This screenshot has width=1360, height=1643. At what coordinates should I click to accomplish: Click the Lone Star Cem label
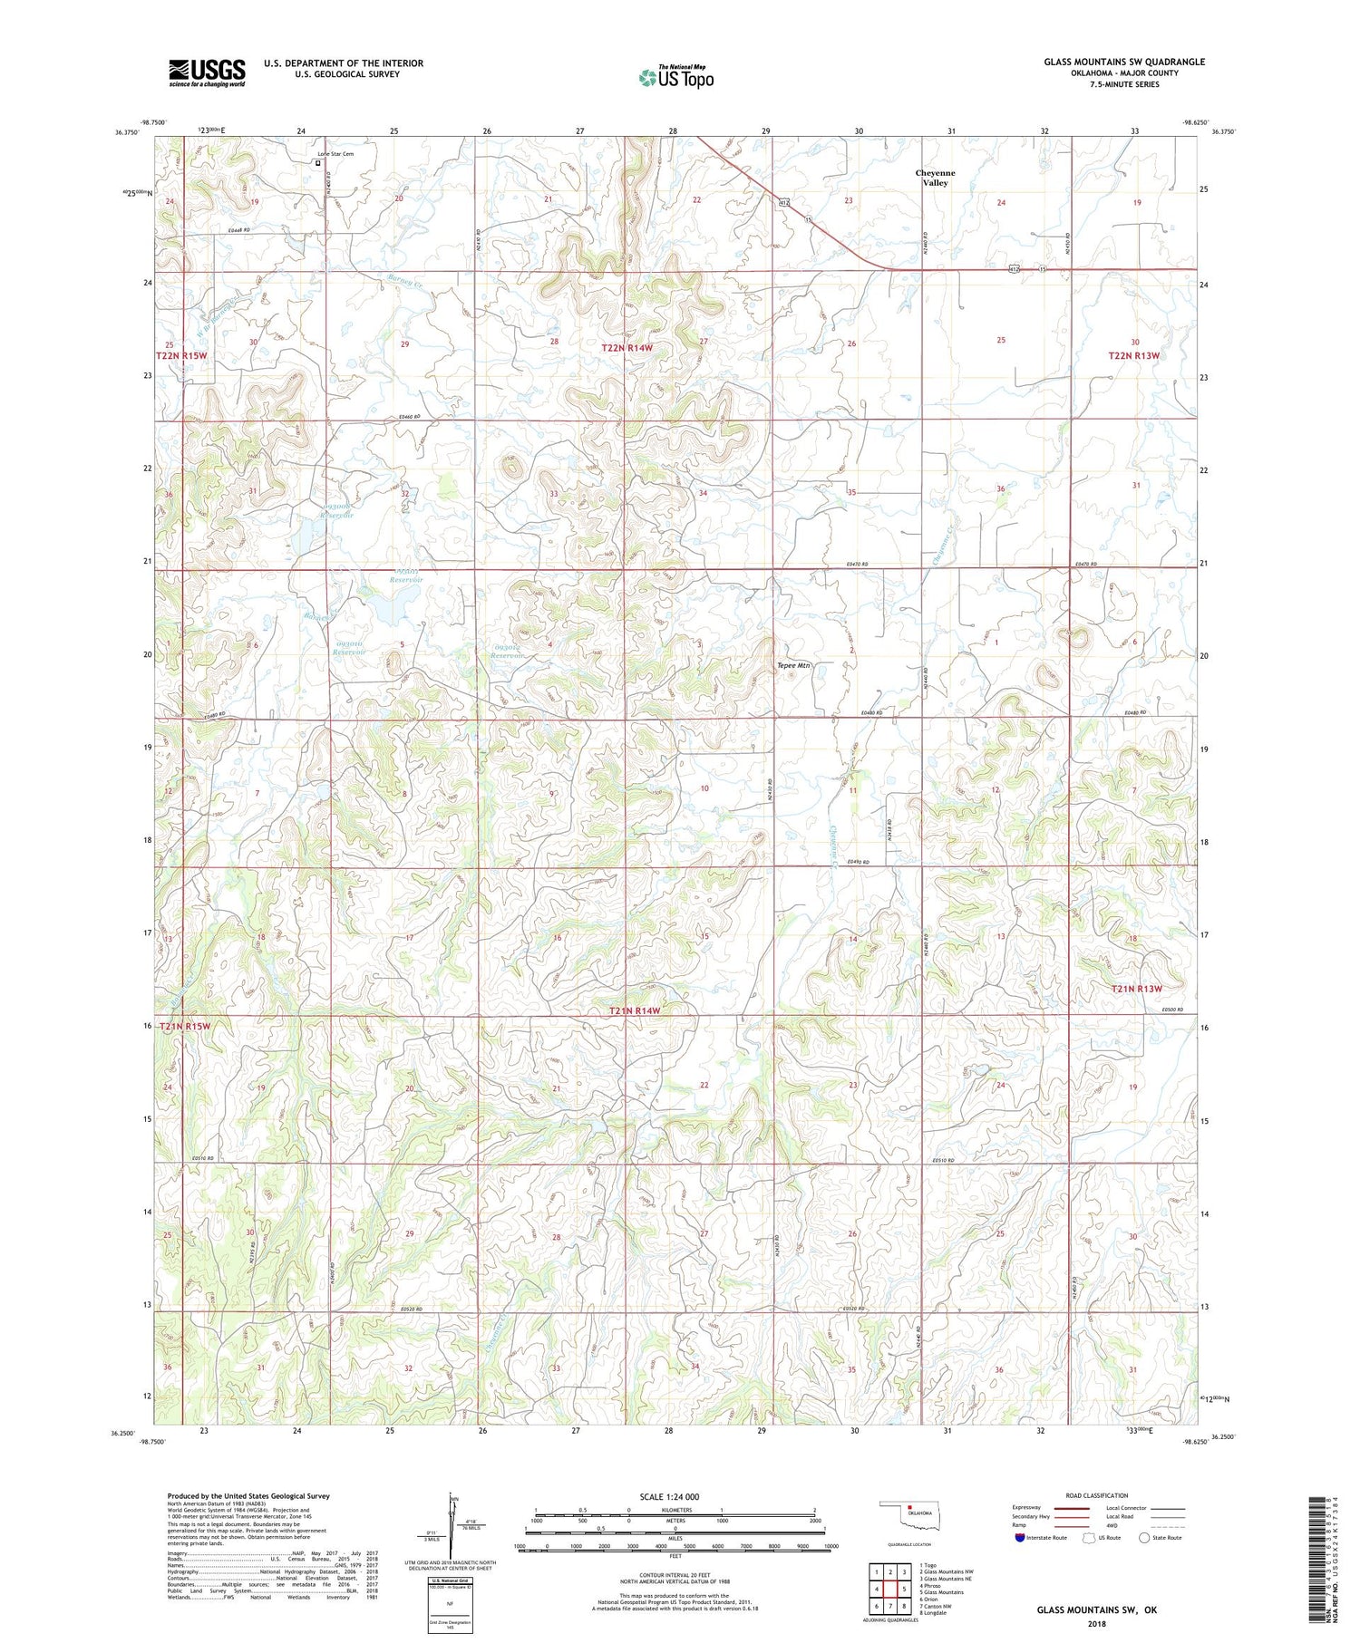point(335,154)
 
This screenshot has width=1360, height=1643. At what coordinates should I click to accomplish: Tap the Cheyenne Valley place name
point(935,178)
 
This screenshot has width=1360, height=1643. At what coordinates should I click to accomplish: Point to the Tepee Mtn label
point(793,665)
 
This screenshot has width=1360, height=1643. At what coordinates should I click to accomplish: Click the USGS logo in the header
point(207,72)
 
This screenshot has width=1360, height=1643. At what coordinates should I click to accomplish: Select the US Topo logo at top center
point(675,77)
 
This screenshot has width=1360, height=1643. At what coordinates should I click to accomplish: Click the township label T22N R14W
point(639,348)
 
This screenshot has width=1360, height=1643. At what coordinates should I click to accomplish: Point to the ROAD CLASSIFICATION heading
point(1096,1495)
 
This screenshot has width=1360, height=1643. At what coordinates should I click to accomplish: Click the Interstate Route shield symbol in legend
point(1021,1538)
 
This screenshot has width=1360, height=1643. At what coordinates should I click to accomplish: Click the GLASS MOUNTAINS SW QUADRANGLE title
point(1124,62)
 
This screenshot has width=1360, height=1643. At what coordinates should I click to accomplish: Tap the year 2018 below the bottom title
point(1097,1624)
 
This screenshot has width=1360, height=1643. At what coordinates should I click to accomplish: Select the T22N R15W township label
point(181,356)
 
